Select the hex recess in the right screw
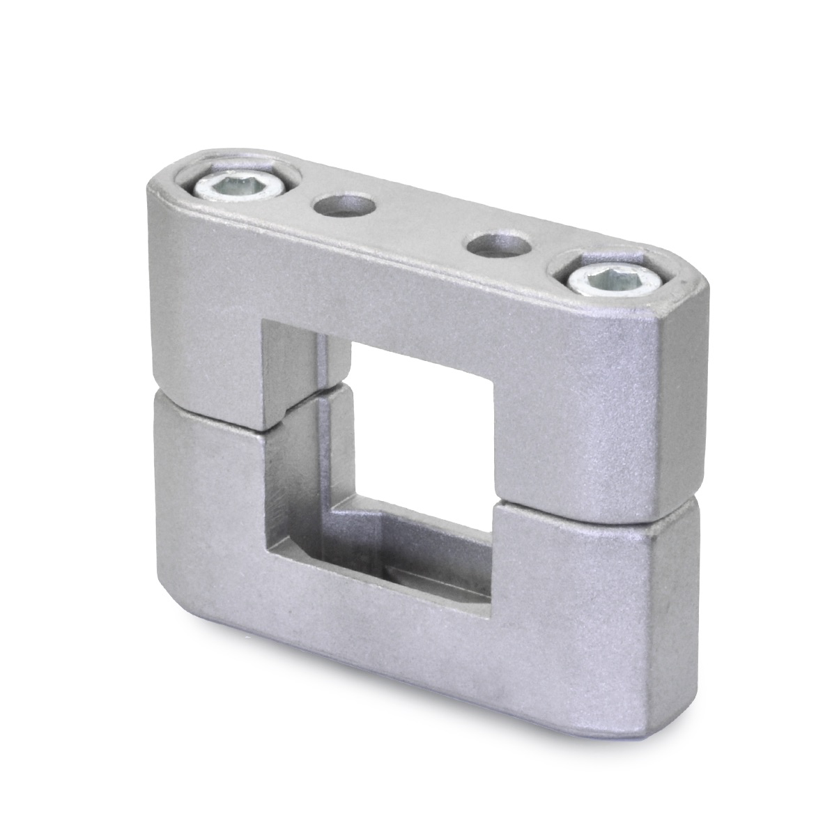pyautogui.click(x=613, y=281)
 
